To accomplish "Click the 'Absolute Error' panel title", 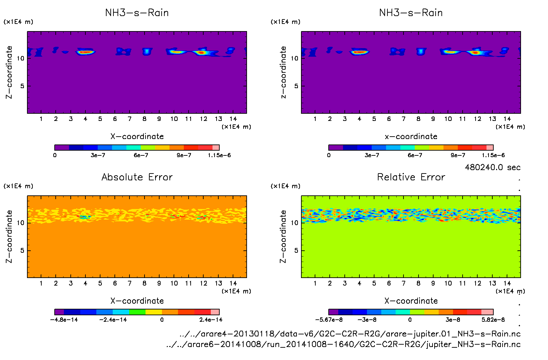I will [x=137, y=177].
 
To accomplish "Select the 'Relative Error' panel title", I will [x=411, y=177].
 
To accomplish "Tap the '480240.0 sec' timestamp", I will [x=492, y=167].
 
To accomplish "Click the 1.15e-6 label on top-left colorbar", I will [x=219, y=155].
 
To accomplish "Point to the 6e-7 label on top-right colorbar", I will [x=415, y=155].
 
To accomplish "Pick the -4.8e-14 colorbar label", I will [x=64, y=320].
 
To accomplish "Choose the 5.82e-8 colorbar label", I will [x=493, y=320].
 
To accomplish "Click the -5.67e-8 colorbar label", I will [x=329, y=320].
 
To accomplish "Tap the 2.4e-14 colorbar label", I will [x=211, y=320].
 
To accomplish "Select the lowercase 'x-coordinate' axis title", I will [x=411, y=137].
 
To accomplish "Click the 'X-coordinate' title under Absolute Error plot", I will [x=137, y=301].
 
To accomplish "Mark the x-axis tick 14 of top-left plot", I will [x=233, y=119].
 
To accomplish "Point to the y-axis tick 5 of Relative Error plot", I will [x=296, y=251].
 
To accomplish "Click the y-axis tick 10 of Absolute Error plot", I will [x=20, y=223].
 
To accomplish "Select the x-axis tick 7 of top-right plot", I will [x=403, y=119].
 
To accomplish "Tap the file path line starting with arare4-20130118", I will [x=350, y=334].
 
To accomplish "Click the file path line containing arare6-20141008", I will [x=343, y=344].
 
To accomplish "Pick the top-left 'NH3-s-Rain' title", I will [x=137, y=13].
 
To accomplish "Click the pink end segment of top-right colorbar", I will [x=490, y=148].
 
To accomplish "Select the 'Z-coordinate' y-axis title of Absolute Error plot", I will [x=9, y=236].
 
